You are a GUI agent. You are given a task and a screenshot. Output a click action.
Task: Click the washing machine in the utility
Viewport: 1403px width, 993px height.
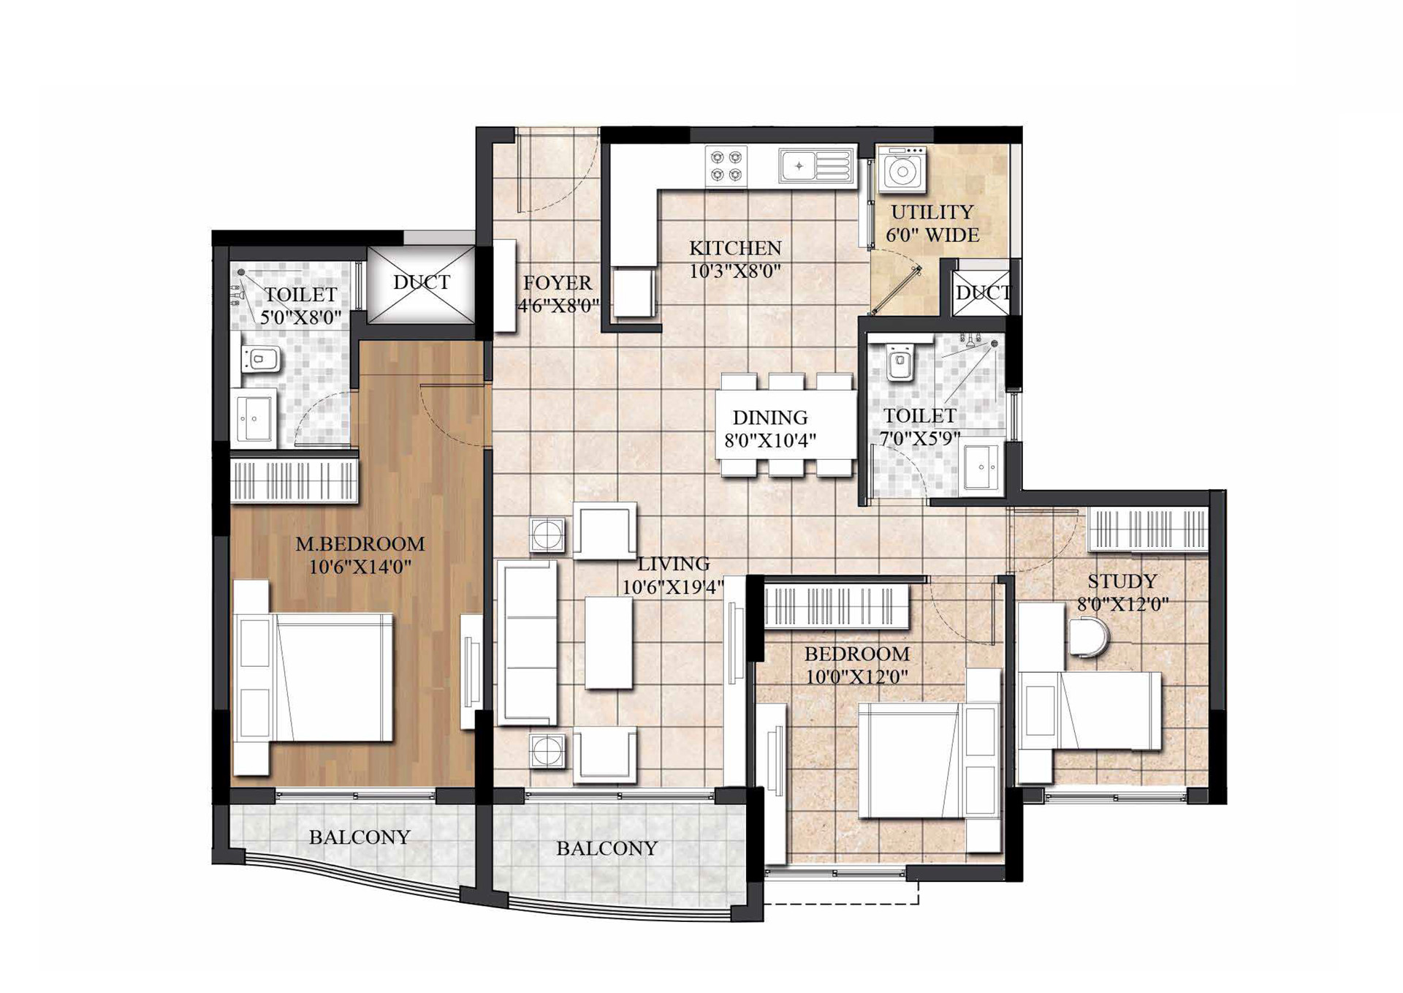coord(902,170)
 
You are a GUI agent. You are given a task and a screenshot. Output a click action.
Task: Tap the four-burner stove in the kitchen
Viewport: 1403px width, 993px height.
coord(726,165)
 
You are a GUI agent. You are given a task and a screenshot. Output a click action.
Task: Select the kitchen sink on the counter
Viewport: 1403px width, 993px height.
coord(816,165)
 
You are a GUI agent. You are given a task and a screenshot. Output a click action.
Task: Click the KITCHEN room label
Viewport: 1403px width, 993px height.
coord(735,248)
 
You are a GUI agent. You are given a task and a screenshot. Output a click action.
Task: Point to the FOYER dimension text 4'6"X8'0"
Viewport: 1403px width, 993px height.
coord(558,306)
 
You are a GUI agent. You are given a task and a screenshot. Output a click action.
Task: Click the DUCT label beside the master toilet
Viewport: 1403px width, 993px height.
coord(422,282)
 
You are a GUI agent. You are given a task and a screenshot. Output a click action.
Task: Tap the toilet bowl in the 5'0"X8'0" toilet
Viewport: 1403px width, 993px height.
coord(260,359)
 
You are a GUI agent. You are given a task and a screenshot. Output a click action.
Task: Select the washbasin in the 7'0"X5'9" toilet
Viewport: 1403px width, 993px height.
coord(981,466)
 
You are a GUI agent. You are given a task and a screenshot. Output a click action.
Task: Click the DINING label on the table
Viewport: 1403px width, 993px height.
coord(770,418)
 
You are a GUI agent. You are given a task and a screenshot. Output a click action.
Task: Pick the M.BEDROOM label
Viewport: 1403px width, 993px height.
coord(360,544)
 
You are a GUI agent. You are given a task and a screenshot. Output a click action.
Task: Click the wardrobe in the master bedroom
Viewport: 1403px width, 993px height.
coord(294,480)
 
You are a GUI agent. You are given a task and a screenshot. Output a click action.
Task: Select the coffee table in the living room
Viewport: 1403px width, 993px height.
coord(609,643)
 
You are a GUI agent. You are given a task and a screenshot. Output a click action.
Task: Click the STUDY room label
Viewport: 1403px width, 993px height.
coord(1122,581)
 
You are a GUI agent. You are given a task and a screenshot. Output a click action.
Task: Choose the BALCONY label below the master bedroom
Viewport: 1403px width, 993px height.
coord(360,837)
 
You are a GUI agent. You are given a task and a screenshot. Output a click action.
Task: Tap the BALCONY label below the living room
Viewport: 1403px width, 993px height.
coord(607,848)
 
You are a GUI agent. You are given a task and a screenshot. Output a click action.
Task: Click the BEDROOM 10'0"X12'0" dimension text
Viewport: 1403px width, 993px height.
coord(857,676)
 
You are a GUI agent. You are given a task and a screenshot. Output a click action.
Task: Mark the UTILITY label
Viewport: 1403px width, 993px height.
coord(932,212)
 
